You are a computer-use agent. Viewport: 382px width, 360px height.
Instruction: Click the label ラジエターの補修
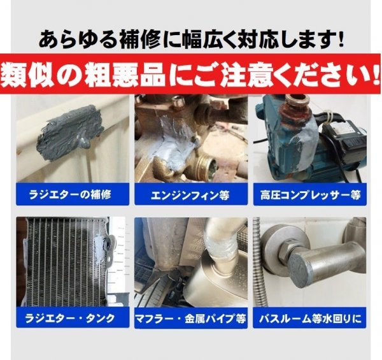point(70,195)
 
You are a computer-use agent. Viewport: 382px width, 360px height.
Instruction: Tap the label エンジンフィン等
point(190,195)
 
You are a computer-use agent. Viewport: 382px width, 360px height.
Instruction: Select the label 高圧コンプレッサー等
point(310,195)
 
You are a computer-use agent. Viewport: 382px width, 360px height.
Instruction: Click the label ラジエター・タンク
point(70,318)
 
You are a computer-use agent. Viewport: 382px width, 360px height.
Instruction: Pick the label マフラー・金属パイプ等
point(190,319)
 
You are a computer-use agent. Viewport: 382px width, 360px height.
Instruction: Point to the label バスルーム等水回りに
point(310,319)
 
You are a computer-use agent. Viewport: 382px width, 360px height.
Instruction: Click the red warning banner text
point(190,74)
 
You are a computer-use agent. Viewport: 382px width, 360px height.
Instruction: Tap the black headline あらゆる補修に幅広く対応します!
point(191,39)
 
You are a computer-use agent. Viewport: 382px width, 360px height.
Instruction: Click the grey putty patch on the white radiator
point(69,132)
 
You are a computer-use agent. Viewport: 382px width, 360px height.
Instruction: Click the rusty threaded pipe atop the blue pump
point(295,107)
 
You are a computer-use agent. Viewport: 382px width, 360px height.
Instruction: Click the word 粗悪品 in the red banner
point(124,75)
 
